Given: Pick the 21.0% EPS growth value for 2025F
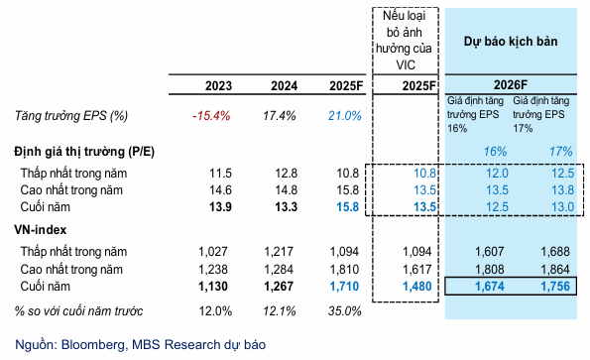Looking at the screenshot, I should [344, 116].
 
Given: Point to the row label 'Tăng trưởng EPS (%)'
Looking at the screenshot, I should [71, 116].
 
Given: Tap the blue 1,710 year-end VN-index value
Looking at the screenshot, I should [344, 287].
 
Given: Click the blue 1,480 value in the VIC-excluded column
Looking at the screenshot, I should [419, 287].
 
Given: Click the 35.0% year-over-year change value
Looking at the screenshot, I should [344, 310].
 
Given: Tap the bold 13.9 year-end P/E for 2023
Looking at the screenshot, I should [216, 206].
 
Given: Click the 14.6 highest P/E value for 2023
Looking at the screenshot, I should [216, 188].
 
